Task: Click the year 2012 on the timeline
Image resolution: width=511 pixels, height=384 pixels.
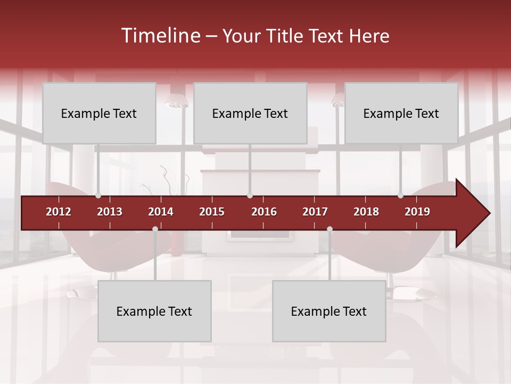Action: pos(59,212)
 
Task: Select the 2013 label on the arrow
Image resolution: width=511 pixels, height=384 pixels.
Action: pos(110,212)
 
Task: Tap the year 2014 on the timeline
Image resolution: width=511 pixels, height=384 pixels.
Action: pos(161,212)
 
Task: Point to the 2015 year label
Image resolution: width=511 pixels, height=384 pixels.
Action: pos(212,212)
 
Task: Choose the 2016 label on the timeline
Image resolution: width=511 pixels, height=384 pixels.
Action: pos(264,212)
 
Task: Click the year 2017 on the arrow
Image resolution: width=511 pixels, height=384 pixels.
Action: pos(315,212)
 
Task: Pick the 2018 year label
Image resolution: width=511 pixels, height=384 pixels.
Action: pos(366,212)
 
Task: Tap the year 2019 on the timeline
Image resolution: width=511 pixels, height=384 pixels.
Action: pos(417,212)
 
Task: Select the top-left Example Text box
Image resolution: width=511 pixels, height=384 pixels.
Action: pos(99,114)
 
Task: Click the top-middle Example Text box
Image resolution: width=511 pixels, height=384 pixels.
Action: pos(250,114)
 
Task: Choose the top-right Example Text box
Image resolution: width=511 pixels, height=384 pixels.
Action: pos(401,114)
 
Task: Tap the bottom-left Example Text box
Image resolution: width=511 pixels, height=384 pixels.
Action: pos(154,311)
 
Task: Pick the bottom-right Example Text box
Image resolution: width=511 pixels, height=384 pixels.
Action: pos(329,311)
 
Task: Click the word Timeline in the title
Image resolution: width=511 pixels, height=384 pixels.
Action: pos(160,36)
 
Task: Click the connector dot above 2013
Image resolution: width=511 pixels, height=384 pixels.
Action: pos(98,196)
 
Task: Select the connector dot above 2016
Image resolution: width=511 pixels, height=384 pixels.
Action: pos(250,196)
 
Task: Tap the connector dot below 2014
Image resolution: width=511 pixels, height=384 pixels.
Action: pos(155,229)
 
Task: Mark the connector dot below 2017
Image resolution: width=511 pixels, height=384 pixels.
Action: pos(329,229)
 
